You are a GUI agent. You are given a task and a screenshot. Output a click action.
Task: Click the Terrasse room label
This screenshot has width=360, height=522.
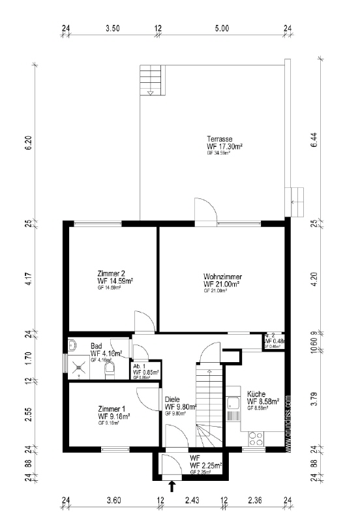[x=220, y=139]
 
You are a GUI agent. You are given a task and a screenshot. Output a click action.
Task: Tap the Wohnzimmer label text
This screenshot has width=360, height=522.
[x=222, y=277]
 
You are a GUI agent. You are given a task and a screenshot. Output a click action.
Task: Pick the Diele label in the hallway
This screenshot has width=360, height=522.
[x=172, y=399]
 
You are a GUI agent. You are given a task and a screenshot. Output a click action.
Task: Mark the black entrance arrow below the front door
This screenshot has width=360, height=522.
[x=172, y=485]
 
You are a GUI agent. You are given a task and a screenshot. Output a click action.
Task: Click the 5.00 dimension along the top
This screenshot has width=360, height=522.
[x=222, y=29]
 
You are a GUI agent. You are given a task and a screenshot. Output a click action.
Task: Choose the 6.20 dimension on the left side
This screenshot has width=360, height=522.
[x=27, y=143]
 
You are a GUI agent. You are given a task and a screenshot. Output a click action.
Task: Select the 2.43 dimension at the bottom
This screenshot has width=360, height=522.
[x=192, y=501]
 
